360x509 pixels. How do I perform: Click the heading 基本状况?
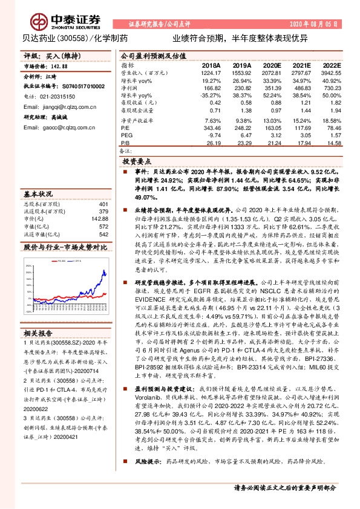38,194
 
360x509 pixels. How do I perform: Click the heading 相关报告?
38,334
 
